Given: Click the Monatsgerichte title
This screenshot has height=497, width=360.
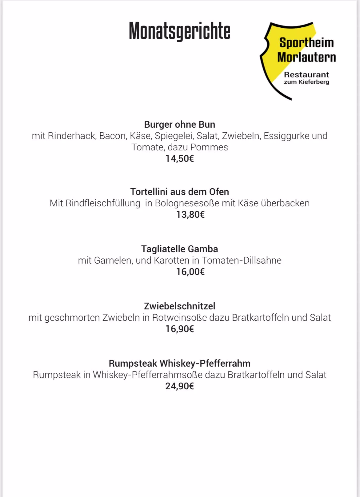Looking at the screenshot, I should [x=179, y=31].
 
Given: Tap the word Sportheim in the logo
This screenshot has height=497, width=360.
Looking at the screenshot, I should [x=306, y=43].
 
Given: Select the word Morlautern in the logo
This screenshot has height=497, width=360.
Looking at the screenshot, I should [x=306, y=57].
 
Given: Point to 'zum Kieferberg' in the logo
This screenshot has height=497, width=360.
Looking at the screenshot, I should [x=306, y=82].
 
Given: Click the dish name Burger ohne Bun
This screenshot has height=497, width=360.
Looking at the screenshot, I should [x=180, y=125].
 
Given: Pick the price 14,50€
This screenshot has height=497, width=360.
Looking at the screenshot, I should [x=180, y=159].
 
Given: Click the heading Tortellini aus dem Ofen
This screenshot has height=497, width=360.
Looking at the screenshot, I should [x=180, y=192].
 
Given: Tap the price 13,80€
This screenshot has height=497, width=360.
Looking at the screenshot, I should [x=190, y=215].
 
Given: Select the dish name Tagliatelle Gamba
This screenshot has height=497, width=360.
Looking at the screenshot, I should [x=180, y=249].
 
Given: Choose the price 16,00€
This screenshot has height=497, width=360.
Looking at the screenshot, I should [x=190, y=272].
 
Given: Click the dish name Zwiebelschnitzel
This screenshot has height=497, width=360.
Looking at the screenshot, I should [x=180, y=306].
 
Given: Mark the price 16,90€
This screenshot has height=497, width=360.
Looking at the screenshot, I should [x=180, y=329].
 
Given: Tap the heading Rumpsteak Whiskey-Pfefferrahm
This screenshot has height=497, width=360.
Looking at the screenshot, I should [x=180, y=364].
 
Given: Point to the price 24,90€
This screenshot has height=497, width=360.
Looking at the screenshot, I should [x=180, y=386].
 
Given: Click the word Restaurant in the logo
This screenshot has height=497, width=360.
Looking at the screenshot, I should [x=306, y=75].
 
